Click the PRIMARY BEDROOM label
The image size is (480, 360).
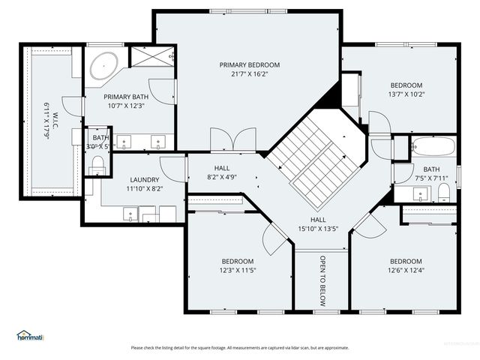point(249,65)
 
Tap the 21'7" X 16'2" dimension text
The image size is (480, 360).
point(249,74)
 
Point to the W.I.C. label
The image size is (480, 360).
point(55,118)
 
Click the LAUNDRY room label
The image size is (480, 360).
point(144,180)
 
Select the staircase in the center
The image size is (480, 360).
point(315,159)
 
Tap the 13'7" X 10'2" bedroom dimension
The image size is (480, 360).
point(406,94)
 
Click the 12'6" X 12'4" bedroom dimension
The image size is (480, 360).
point(406,270)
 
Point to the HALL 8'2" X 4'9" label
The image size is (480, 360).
point(222,173)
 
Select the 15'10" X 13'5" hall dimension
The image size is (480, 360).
point(319,229)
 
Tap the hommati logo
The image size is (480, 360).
point(30,335)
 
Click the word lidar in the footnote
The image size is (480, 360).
point(295,347)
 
